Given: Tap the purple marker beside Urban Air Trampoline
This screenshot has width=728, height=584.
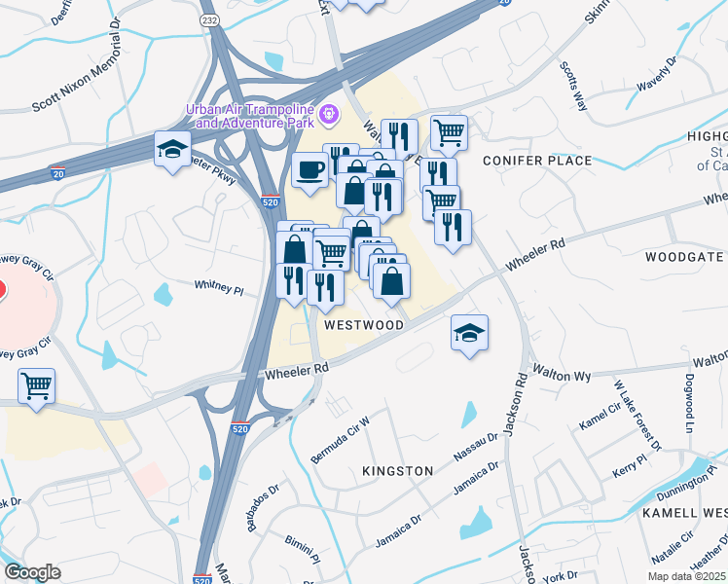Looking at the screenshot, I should (x=329, y=115).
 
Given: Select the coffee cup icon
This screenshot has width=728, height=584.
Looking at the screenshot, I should (x=310, y=171).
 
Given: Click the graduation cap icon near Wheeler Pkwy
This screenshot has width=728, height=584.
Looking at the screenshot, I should (x=172, y=149).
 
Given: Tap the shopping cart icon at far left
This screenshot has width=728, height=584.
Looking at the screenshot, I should (x=36, y=385).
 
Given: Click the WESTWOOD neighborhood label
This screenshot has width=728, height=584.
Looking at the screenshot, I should (x=363, y=325).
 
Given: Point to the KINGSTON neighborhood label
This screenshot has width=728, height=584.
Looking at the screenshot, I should (x=397, y=471).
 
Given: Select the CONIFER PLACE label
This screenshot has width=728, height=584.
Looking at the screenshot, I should (x=536, y=161).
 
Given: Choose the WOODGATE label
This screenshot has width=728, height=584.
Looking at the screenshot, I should (x=685, y=257).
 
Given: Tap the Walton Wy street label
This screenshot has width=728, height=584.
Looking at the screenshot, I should (x=562, y=375).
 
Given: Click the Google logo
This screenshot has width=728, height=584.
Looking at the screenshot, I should (x=32, y=572).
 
